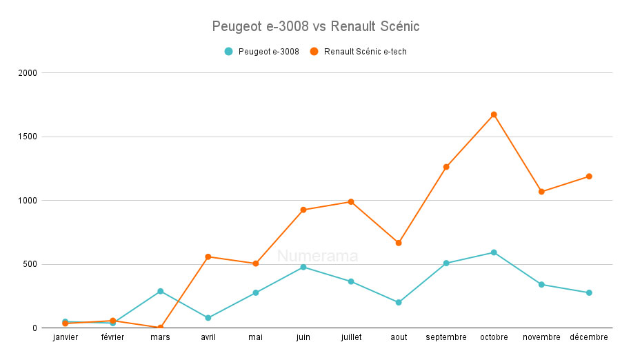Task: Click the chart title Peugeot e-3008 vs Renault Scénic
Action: click(316, 27)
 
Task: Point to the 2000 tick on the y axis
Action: click(28, 72)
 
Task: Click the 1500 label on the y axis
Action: click(28, 137)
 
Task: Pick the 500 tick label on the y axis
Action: click(30, 264)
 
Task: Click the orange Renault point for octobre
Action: click(494, 114)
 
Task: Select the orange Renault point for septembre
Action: click(446, 167)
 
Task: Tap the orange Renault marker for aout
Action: click(399, 243)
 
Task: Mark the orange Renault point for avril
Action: click(208, 257)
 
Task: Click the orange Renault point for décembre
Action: click(589, 177)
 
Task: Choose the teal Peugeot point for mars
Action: click(160, 291)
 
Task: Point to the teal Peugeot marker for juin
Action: click(303, 267)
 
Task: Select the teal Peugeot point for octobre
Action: click(494, 252)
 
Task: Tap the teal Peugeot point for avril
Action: click(208, 318)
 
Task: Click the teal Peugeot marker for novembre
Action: click(541, 284)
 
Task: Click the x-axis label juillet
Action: click(351, 337)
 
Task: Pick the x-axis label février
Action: click(112, 337)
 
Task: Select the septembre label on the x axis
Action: click(446, 337)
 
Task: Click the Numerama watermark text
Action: click(318, 257)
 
